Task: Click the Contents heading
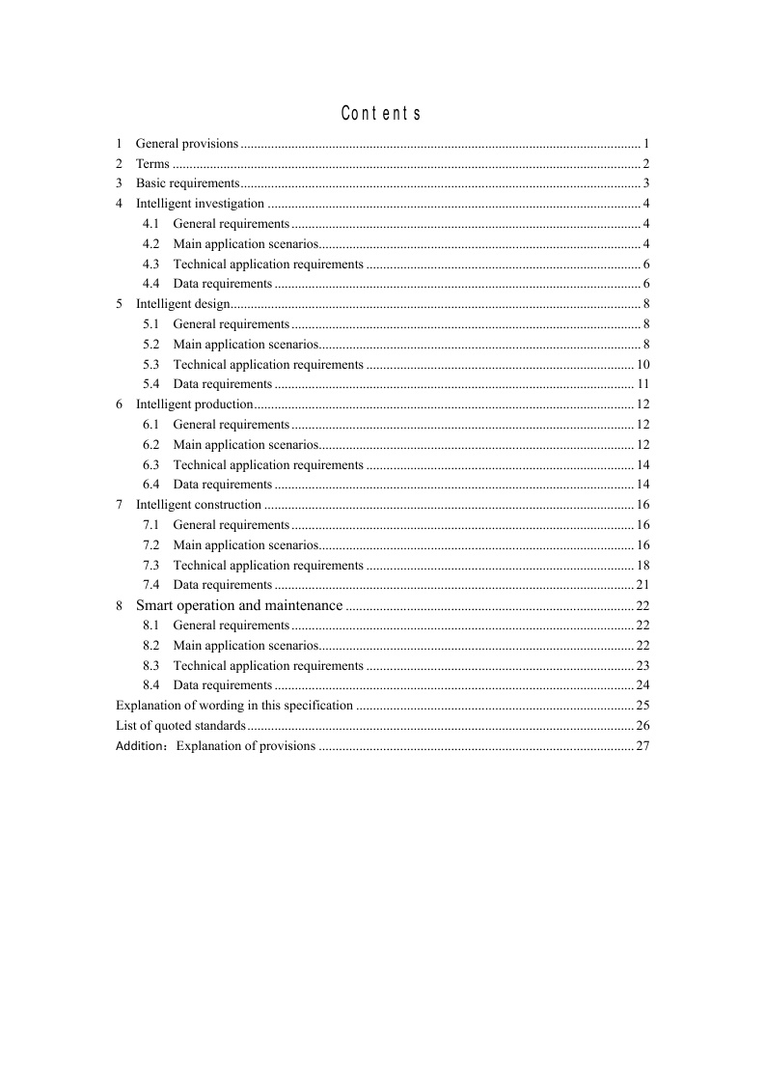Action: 381,114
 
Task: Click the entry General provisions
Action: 186,144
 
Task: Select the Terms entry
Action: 152,164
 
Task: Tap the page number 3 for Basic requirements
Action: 645,183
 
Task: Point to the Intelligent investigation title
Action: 200,204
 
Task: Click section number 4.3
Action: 150,264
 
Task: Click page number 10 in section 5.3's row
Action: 642,365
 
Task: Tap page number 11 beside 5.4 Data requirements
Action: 642,384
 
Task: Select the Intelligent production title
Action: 194,404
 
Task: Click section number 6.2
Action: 150,445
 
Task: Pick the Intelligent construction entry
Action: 199,505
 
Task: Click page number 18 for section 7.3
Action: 642,566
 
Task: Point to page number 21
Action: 642,585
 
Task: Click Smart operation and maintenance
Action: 239,605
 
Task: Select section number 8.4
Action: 150,685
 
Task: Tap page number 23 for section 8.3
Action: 642,666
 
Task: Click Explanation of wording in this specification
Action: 234,706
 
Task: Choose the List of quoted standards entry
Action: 180,725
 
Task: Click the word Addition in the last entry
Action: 139,746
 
